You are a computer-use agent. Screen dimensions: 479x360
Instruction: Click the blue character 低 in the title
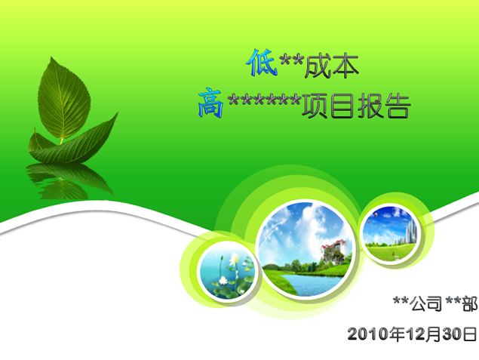click(x=262, y=63)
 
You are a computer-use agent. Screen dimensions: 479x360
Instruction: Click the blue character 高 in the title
click(x=210, y=103)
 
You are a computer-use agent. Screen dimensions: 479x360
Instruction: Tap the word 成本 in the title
click(x=331, y=66)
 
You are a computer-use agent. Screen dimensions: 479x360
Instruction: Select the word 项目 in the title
click(x=328, y=106)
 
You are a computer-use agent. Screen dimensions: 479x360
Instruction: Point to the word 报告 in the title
click(x=383, y=106)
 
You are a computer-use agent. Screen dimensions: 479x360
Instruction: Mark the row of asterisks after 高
click(x=264, y=100)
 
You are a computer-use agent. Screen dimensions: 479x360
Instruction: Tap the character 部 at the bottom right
click(x=469, y=303)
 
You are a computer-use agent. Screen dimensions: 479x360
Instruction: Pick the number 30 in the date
click(x=453, y=334)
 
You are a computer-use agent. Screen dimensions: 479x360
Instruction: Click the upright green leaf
click(x=64, y=100)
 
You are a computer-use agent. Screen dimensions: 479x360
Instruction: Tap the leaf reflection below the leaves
click(x=69, y=180)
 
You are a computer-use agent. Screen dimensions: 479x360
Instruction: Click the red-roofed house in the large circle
click(x=335, y=252)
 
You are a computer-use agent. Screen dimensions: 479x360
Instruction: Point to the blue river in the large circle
click(x=312, y=285)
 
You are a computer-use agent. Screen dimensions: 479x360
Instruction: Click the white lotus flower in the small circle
click(x=235, y=259)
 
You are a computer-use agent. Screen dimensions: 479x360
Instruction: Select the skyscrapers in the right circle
click(x=410, y=232)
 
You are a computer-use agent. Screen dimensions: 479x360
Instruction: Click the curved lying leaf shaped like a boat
click(x=75, y=143)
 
